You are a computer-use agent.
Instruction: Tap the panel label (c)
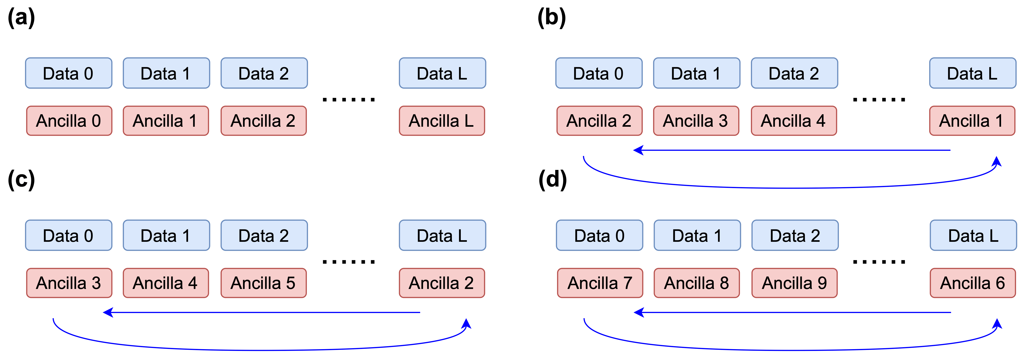coord(22,180)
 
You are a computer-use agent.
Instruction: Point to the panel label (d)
coord(552,180)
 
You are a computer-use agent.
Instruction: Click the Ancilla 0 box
coord(69,121)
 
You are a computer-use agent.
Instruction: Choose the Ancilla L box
coord(442,121)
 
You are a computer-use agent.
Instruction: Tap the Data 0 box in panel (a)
coord(68,73)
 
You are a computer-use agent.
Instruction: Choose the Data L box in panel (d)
coord(973,235)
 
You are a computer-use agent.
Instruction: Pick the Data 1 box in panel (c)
coord(166,235)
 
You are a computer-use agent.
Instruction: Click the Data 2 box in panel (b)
coord(794,73)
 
